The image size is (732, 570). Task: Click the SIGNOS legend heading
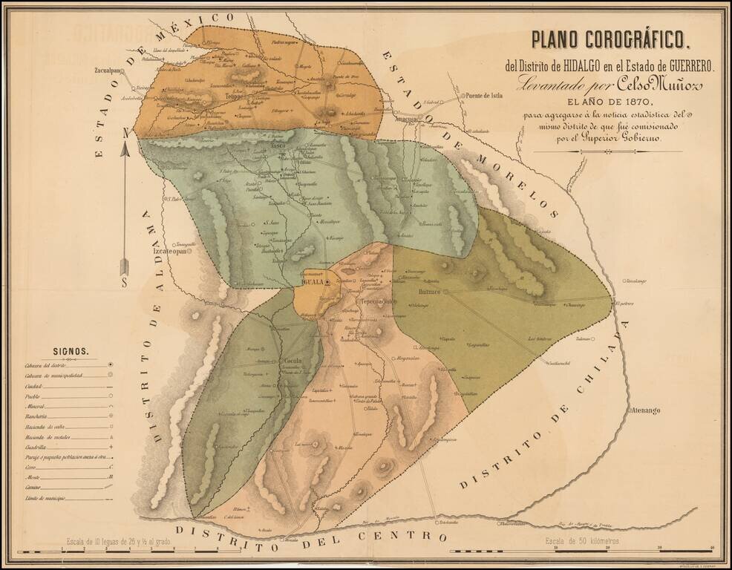click(71, 352)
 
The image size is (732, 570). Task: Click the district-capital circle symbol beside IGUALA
click(327, 283)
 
